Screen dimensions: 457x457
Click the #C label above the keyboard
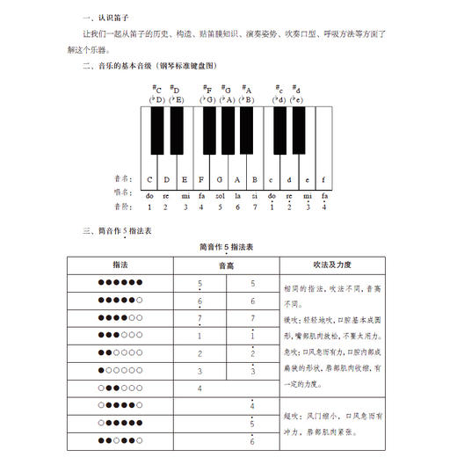click(x=157, y=89)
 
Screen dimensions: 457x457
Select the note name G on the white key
click(x=220, y=178)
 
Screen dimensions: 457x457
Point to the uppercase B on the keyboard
click(x=255, y=178)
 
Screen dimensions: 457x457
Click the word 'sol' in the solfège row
click(x=220, y=195)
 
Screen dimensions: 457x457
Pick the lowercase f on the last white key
click(x=324, y=178)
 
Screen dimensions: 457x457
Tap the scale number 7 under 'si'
click(x=255, y=207)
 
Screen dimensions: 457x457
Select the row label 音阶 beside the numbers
click(x=122, y=207)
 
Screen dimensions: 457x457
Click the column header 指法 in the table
click(x=120, y=264)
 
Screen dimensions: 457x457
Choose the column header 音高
click(x=226, y=264)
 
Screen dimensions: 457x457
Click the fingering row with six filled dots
click(x=120, y=283)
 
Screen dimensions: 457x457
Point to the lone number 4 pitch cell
click(x=199, y=388)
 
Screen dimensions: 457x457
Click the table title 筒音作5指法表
click(x=226, y=247)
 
